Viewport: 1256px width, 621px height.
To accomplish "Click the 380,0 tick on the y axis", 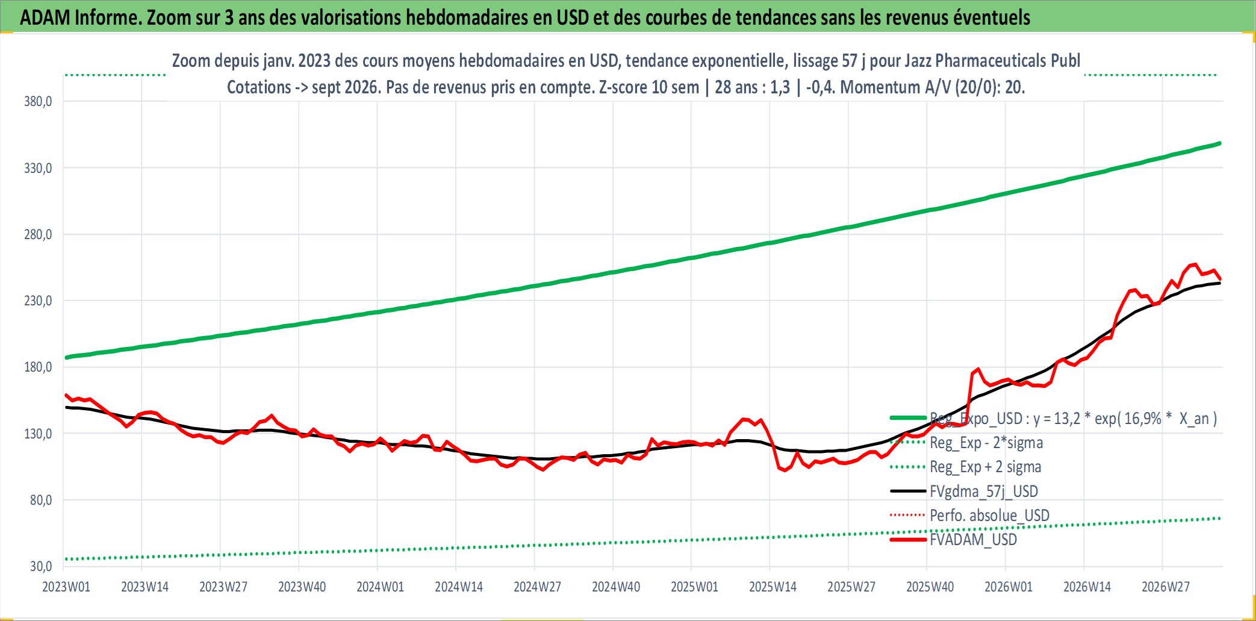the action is [x=38, y=101].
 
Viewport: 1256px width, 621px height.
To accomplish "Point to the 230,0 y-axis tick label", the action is [x=38, y=300].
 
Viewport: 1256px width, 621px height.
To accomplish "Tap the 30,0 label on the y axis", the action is [x=41, y=566].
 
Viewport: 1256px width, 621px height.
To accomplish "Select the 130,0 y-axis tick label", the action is [x=38, y=433].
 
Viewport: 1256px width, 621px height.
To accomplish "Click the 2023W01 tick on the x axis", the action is [x=66, y=587].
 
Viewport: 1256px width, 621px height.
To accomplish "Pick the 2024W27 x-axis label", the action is [x=537, y=587].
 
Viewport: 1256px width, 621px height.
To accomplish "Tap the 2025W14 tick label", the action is [x=773, y=587].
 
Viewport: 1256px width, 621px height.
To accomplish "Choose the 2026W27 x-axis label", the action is [x=1166, y=587].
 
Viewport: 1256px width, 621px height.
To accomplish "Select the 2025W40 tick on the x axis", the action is [x=930, y=587].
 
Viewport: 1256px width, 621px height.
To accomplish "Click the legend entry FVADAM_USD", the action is [x=973, y=539].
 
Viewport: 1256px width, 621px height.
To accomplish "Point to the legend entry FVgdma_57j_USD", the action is [x=984, y=491].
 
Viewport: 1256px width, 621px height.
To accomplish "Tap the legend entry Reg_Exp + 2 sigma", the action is [x=985, y=467].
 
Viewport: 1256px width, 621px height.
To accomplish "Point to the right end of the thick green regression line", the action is [x=1220, y=143].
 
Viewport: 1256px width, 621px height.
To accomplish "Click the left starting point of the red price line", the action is [x=66, y=395].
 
